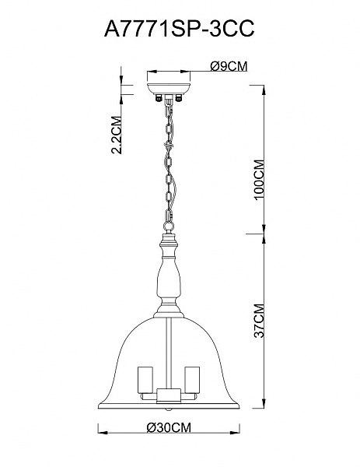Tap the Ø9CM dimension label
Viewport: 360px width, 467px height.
coord(229,66)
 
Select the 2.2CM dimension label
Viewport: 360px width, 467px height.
coord(117,134)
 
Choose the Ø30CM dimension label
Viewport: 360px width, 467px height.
coord(169,427)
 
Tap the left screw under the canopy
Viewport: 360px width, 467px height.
coord(159,98)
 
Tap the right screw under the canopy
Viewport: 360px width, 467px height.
coord(179,98)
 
